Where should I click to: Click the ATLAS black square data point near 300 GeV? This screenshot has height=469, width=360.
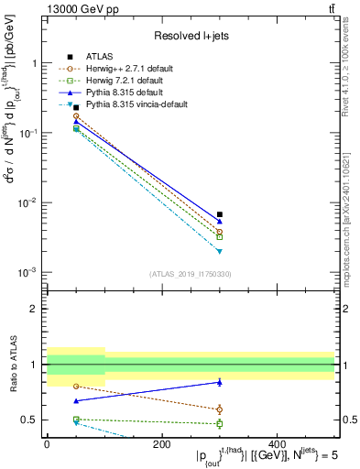pos(220,214)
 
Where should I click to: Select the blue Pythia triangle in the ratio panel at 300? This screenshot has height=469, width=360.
pos(220,382)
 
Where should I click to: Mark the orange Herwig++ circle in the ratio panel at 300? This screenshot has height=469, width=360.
pos(220,409)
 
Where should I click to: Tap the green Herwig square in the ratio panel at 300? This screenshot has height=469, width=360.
pos(220,423)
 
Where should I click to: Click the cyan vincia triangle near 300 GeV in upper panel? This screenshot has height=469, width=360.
pos(220,251)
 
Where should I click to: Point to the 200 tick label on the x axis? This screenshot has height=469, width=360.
pos(162,444)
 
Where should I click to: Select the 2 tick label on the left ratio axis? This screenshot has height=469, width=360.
pos(34,310)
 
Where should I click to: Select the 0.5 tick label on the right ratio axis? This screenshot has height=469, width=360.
pos(347,420)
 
